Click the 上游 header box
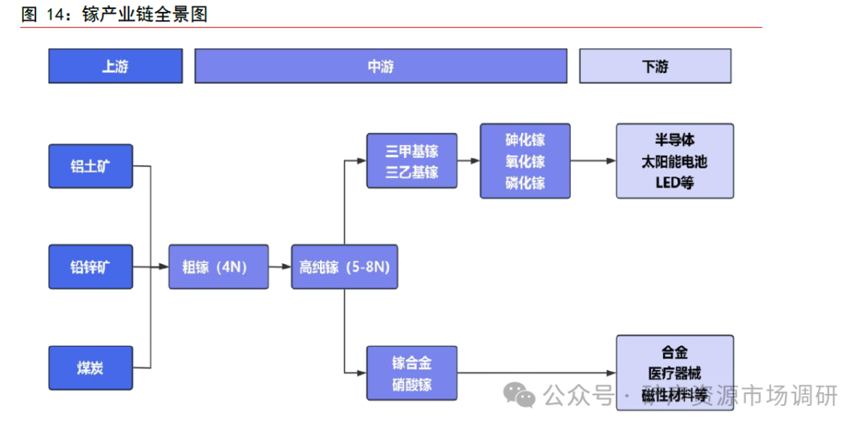tap(115, 67)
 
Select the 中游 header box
tap(380, 67)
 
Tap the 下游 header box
tap(654, 67)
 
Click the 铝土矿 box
tap(90, 167)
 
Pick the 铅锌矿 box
tap(90, 267)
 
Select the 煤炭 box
tap(90, 368)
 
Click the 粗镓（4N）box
tap(218, 267)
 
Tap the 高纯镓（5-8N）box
tap(344, 267)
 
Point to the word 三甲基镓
tap(411, 151)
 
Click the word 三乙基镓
tap(411, 171)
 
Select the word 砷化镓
tap(525, 140)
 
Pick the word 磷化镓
tap(525, 182)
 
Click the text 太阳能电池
tap(674, 161)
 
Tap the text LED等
tap(674, 182)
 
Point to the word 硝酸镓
tap(411, 384)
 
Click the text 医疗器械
tap(674, 373)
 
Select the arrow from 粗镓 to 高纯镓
tap(279, 267)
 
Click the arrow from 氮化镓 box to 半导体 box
tap(593, 161)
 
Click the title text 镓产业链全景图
tap(144, 14)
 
